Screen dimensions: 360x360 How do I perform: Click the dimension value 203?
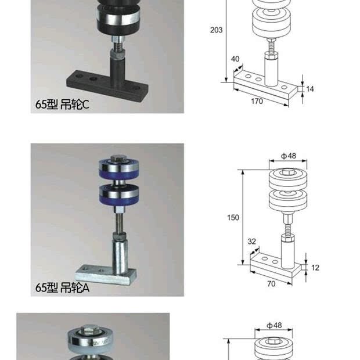216,30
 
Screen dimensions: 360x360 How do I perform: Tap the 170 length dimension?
257,101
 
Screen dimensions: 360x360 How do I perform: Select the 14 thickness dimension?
309,89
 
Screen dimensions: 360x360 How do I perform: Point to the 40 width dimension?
235,59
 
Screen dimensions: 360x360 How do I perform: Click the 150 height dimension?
233,217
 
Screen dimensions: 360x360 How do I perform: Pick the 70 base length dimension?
271,284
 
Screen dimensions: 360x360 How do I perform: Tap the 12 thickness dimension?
315,268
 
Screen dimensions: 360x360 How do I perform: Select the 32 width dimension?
251,242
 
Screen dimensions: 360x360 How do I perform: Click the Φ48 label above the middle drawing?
289,156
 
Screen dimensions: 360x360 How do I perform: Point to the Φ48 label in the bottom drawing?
274,325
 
